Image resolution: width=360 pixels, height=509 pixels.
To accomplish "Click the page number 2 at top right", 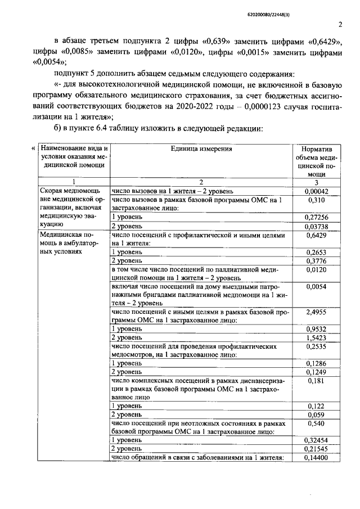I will tap(340, 24).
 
